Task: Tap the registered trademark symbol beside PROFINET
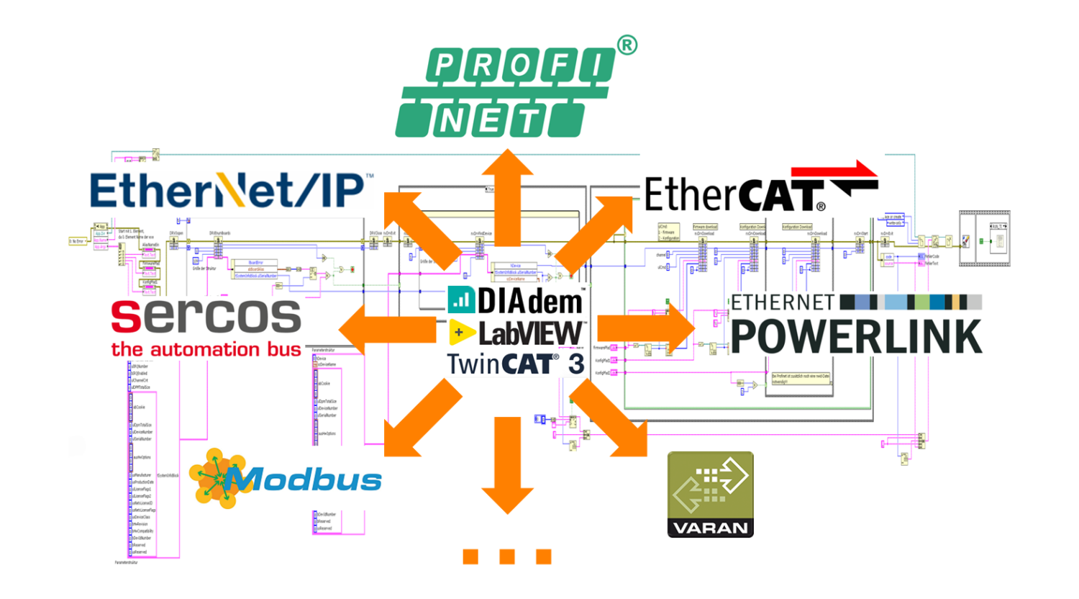(627, 46)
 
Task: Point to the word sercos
(206, 317)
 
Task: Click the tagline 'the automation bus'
(206, 350)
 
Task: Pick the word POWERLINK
(856, 335)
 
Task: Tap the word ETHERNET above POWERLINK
(783, 302)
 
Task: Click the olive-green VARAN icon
(710, 494)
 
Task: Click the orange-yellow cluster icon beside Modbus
(214, 478)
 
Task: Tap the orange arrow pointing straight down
(508, 465)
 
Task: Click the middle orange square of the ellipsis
(507, 556)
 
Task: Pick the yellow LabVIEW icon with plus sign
(461, 333)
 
